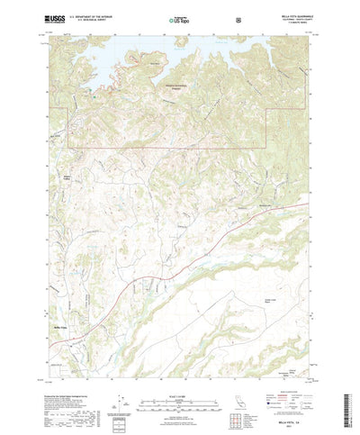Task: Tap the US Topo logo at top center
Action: (179, 18)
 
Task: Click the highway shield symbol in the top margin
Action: (238, 18)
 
